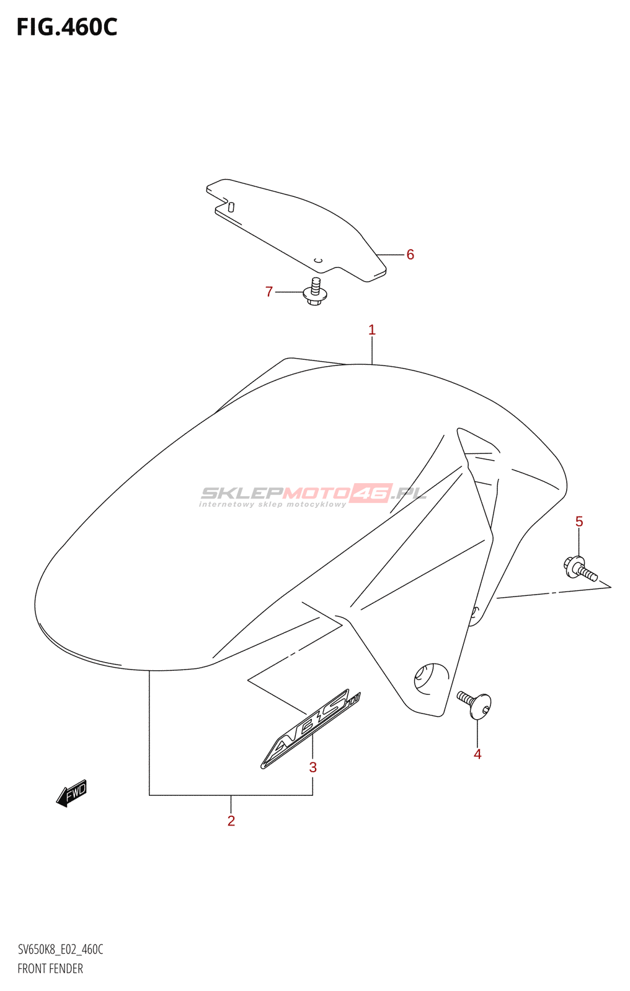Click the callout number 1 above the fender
(x=372, y=330)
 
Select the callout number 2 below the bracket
(x=231, y=821)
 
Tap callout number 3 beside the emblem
(x=313, y=767)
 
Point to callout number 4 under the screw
(x=477, y=754)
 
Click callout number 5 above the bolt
(x=579, y=522)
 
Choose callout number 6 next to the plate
(x=410, y=255)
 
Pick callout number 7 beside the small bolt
(x=269, y=292)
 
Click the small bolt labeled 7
(x=315, y=293)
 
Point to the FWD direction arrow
(x=72, y=792)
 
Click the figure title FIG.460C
(x=67, y=27)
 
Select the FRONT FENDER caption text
(x=50, y=969)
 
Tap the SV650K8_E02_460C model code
(x=60, y=950)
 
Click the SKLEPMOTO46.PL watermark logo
(x=313, y=493)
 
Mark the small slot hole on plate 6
(x=231, y=207)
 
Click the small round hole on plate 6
(x=318, y=260)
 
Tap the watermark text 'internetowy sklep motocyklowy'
(x=273, y=505)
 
